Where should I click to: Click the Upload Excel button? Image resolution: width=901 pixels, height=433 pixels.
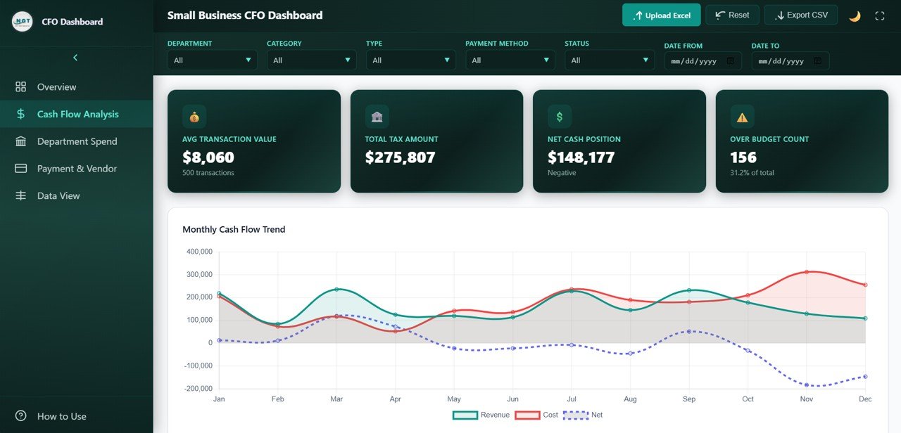(662, 15)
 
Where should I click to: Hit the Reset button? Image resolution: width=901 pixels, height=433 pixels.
(732, 15)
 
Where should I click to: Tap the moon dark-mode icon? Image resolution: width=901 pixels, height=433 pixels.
(855, 16)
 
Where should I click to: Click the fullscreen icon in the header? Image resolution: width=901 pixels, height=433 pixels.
(879, 16)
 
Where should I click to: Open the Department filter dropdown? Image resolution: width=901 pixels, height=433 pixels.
(212, 60)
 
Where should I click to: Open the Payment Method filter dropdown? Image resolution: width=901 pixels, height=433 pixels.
(510, 60)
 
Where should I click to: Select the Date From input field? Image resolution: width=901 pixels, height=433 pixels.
(702, 61)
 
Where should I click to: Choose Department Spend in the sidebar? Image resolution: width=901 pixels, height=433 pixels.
(77, 141)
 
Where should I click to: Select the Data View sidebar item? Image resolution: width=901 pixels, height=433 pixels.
(58, 195)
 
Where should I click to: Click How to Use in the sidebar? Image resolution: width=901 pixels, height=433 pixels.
(61, 416)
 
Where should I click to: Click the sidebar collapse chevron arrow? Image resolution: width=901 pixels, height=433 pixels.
(75, 58)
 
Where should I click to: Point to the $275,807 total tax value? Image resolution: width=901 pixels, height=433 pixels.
(400, 157)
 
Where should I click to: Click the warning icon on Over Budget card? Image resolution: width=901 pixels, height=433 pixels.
(742, 117)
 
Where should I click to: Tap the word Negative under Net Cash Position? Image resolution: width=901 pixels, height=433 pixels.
(562, 173)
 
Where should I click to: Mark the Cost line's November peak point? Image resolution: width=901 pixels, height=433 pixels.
(807, 272)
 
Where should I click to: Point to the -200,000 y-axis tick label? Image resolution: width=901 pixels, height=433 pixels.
(199, 389)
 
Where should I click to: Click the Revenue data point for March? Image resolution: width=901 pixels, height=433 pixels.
(336, 289)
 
